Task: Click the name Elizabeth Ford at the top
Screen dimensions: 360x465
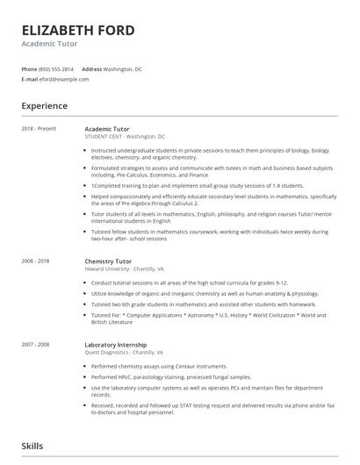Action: tap(78, 31)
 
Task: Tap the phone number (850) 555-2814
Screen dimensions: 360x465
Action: tap(57, 68)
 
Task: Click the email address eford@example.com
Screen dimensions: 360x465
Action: tap(64, 79)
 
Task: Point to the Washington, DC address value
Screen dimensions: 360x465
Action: tap(123, 68)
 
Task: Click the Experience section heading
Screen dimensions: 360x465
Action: tap(45, 106)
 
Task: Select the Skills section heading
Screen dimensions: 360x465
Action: tap(32, 447)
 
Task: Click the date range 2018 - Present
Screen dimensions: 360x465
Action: tap(39, 129)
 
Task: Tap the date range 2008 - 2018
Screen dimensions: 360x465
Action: tap(36, 261)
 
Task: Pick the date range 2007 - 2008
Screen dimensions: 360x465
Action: tap(36, 345)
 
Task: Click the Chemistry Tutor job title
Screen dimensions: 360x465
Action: tap(108, 261)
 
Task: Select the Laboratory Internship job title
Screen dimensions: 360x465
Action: tap(116, 345)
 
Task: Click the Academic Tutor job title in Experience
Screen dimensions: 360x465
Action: tap(107, 129)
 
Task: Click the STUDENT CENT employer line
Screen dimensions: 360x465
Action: tap(125, 136)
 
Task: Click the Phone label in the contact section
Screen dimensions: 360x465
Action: tap(29, 68)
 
